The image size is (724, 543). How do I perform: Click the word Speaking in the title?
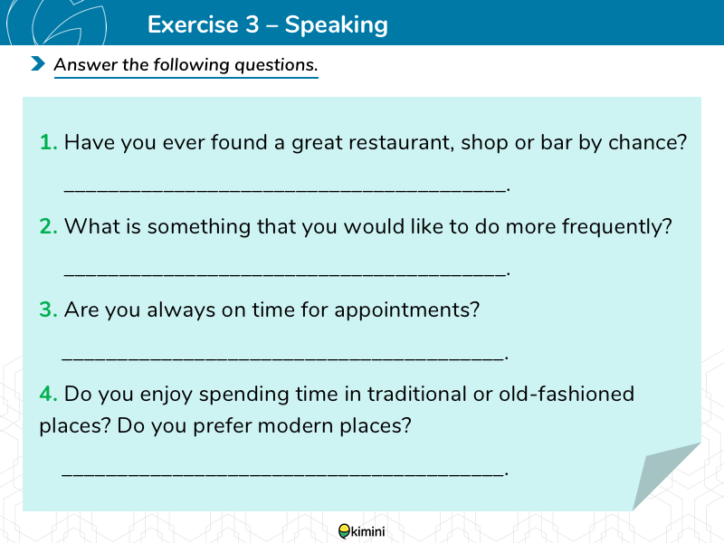[x=336, y=25]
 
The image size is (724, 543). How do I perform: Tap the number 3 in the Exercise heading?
[x=252, y=24]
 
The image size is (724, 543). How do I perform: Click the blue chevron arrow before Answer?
[x=38, y=63]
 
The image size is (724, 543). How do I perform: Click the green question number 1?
[x=49, y=142]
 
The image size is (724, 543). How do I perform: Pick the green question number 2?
[x=49, y=226]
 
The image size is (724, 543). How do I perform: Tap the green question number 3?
[x=49, y=310]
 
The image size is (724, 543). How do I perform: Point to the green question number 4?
[x=49, y=394]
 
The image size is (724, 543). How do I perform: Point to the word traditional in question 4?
[x=417, y=394]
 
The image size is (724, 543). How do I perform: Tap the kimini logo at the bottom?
[x=361, y=531]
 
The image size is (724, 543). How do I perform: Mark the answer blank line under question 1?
[x=286, y=190]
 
